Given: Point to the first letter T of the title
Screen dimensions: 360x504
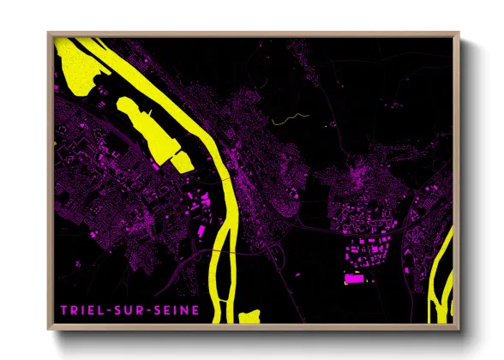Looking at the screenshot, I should pyautogui.click(x=64, y=309).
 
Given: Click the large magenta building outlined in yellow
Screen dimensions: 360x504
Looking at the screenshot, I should pyautogui.click(x=353, y=278).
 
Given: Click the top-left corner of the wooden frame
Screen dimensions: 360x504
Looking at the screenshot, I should pyautogui.click(x=50, y=34).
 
